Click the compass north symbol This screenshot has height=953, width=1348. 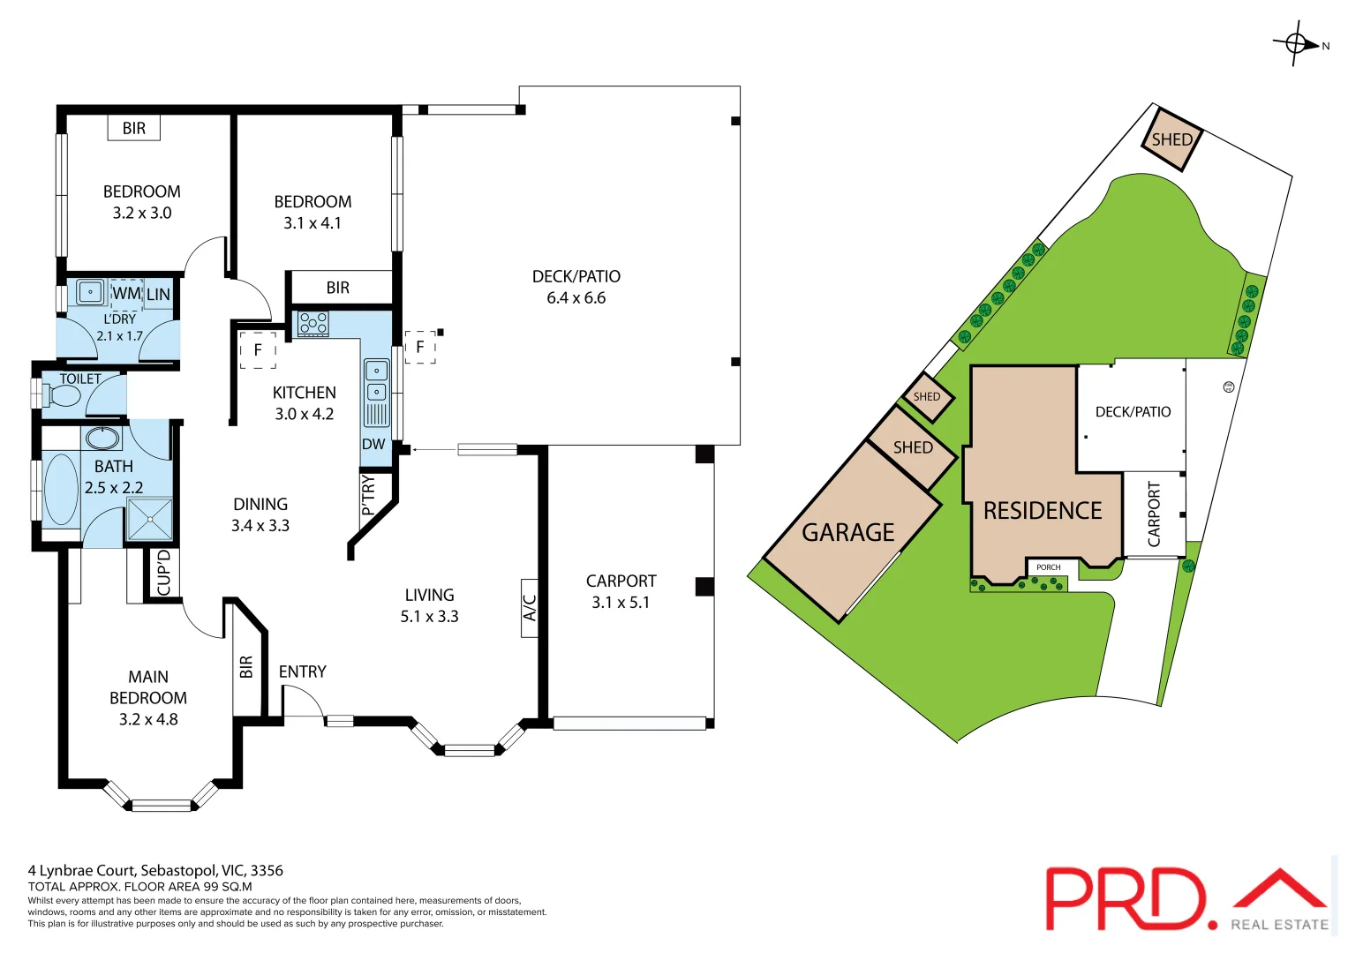[x=1297, y=43]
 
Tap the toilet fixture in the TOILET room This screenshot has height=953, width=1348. [x=64, y=396]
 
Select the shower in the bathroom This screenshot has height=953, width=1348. [x=148, y=519]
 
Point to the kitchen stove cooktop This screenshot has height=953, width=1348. [x=313, y=324]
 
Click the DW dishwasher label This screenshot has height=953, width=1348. [x=373, y=444]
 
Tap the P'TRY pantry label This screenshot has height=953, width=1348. [x=369, y=495]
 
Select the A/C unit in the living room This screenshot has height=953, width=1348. [x=530, y=607]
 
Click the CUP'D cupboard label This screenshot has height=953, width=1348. [x=163, y=574]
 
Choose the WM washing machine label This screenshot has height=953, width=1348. [x=126, y=293]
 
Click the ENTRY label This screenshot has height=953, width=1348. [x=302, y=672]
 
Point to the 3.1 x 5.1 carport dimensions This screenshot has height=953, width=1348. [x=621, y=603]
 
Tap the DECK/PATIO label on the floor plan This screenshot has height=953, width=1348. [x=576, y=276]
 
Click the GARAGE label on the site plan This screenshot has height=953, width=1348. [x=847, y=532]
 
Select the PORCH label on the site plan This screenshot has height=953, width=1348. [x=1048, y=567]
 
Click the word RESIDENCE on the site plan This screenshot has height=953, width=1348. [x=1043, y=511]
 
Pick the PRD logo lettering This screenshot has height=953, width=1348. [x=1125, y=898]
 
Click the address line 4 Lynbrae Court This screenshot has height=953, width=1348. [x=155, y=870]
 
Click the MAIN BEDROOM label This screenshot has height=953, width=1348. [x=147, y=687]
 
